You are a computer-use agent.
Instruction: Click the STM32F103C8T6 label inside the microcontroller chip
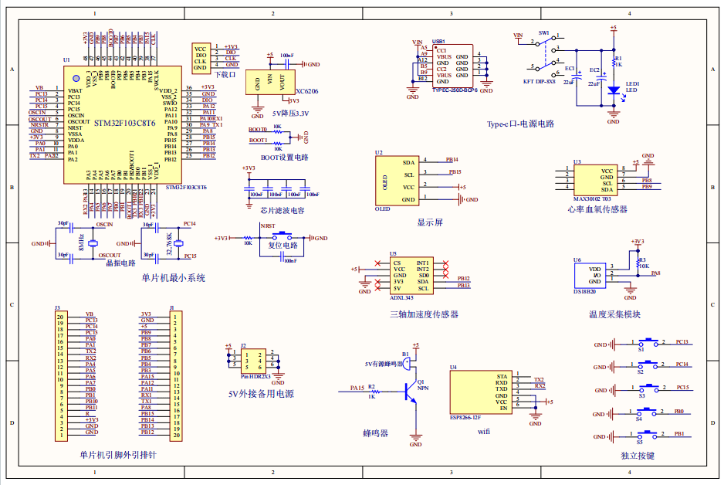124,123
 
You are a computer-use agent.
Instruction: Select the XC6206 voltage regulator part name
306,91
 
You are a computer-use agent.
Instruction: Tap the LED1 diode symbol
614,90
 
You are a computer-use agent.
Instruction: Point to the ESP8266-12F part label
465,418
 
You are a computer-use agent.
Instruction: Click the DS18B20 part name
585,292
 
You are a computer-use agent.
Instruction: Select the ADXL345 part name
402,297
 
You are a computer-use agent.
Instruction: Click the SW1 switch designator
543,34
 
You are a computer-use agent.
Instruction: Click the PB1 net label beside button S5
679,434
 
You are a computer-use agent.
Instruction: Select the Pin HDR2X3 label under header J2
255,376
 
